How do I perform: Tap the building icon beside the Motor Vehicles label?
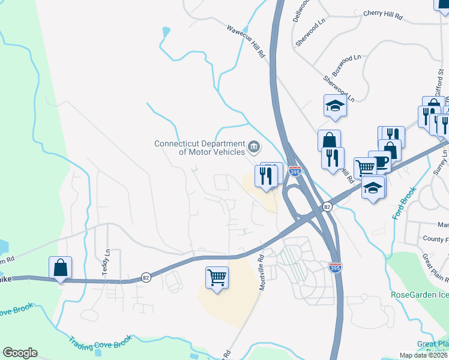tap(254, 146)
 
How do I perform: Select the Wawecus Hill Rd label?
tap(246, 40)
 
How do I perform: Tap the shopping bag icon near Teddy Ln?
tap(61, 268)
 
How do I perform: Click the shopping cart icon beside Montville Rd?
tap(217, 278)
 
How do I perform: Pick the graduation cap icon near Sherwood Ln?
tap(335, 106)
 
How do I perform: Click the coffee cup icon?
tap(380, 161)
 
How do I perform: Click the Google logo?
tap(20, 353)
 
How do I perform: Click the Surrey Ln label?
tap(445, 161)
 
